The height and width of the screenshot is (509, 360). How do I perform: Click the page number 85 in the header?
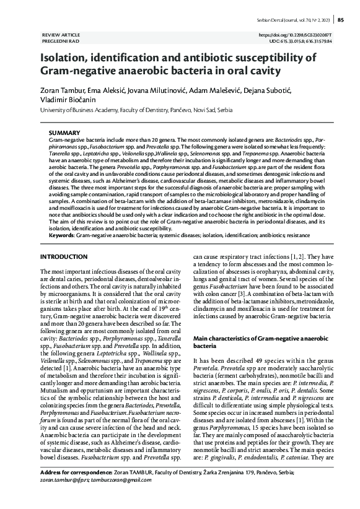(x=341, y=20)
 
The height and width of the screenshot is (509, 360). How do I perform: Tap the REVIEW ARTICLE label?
(x=61, y=35)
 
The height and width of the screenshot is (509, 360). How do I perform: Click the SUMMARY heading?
(x=64, y=133)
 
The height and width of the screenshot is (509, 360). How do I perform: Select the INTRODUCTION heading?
(x=64, y=256)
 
